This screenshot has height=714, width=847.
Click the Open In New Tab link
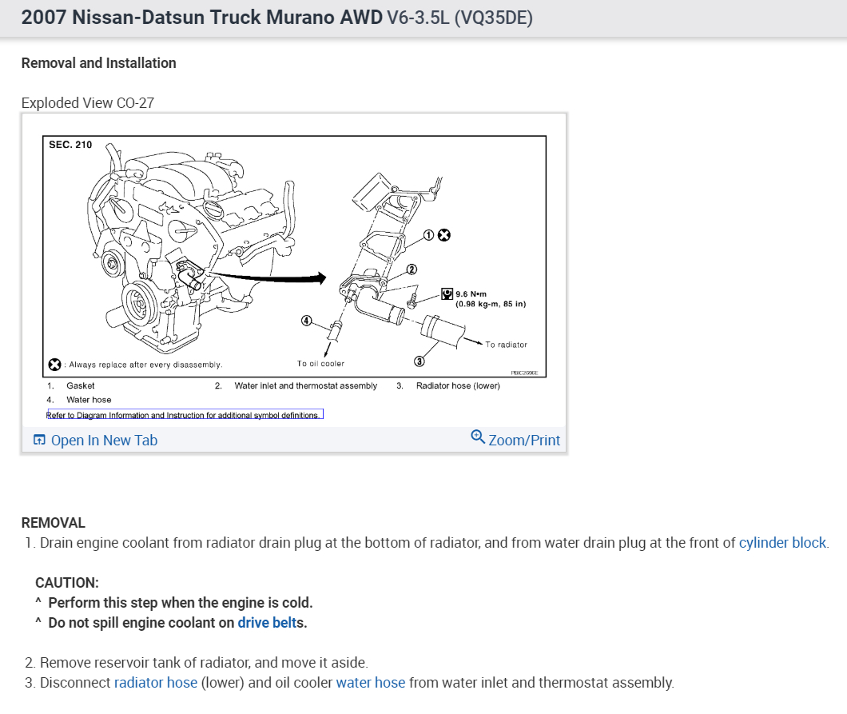tap(103, 441)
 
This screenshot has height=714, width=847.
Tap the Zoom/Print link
tap(523, 441)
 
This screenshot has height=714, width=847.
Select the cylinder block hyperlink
tap(782, 543)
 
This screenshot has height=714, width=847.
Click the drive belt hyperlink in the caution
tap(267, 623)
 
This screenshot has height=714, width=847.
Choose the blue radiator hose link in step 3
tap(155, 683)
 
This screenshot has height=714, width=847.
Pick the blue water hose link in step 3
tap(371, 683)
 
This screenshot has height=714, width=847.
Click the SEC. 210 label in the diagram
tap(71, 145)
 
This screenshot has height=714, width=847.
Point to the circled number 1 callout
tap(428, 235)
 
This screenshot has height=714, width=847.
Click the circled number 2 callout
tap(412, 269)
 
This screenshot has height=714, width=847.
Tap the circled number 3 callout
tap(420, 362)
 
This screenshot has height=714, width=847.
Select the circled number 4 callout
tap(306, 321)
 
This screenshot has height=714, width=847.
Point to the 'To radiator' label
tap(506, 345)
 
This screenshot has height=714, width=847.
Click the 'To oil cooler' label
tap(320, 364)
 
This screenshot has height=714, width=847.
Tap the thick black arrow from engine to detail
tap(272, 277)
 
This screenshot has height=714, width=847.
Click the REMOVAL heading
tap(53, 523)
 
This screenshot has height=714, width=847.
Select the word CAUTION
tap(66, 583)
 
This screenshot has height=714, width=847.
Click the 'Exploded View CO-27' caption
tap(87, 103)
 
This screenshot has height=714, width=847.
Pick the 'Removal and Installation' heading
tap(98, 63)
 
